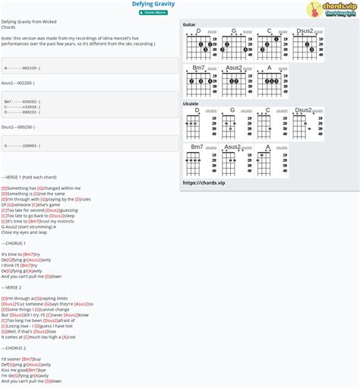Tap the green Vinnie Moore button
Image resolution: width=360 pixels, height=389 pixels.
coord(154,12)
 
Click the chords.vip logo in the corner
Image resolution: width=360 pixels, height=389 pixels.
coord(333,9)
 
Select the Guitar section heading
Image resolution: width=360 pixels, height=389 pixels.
coord(189,24)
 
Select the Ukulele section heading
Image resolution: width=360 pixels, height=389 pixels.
coord(191,103)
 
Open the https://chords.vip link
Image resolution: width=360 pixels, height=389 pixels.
coord(204,183)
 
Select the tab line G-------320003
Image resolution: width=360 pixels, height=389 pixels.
coord(23,145)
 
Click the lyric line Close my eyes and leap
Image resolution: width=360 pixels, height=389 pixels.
coord(24,232)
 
